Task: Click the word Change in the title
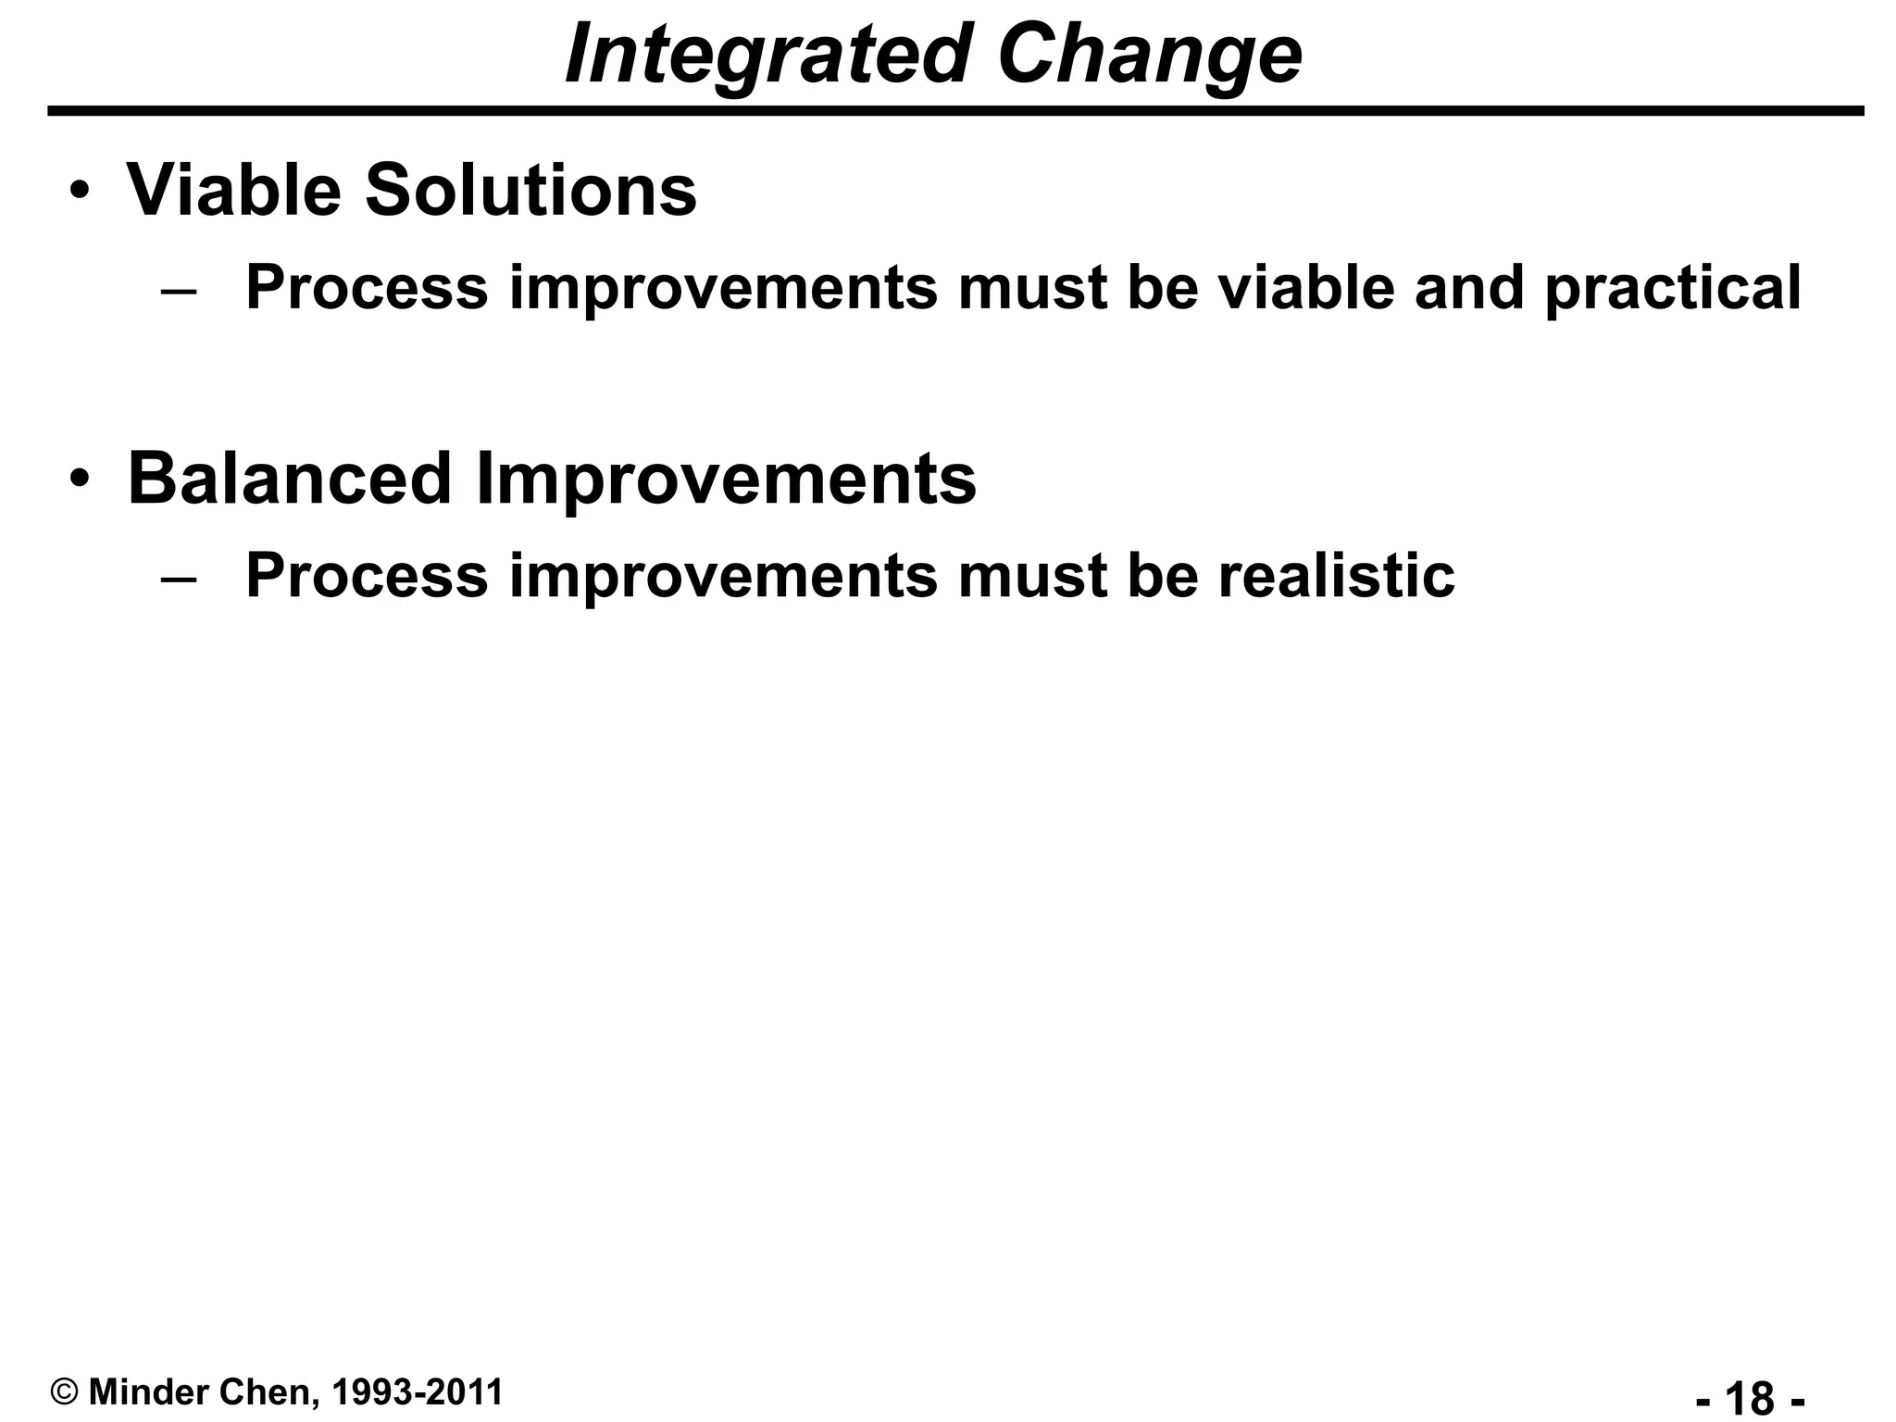tap(1150, 56)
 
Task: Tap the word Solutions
tap(530, 191)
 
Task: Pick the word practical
tap(1673, 288)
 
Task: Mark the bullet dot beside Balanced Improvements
tap(81, 480)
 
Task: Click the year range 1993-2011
tap(417, 1392)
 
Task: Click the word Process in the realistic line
tap(367, 576)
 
